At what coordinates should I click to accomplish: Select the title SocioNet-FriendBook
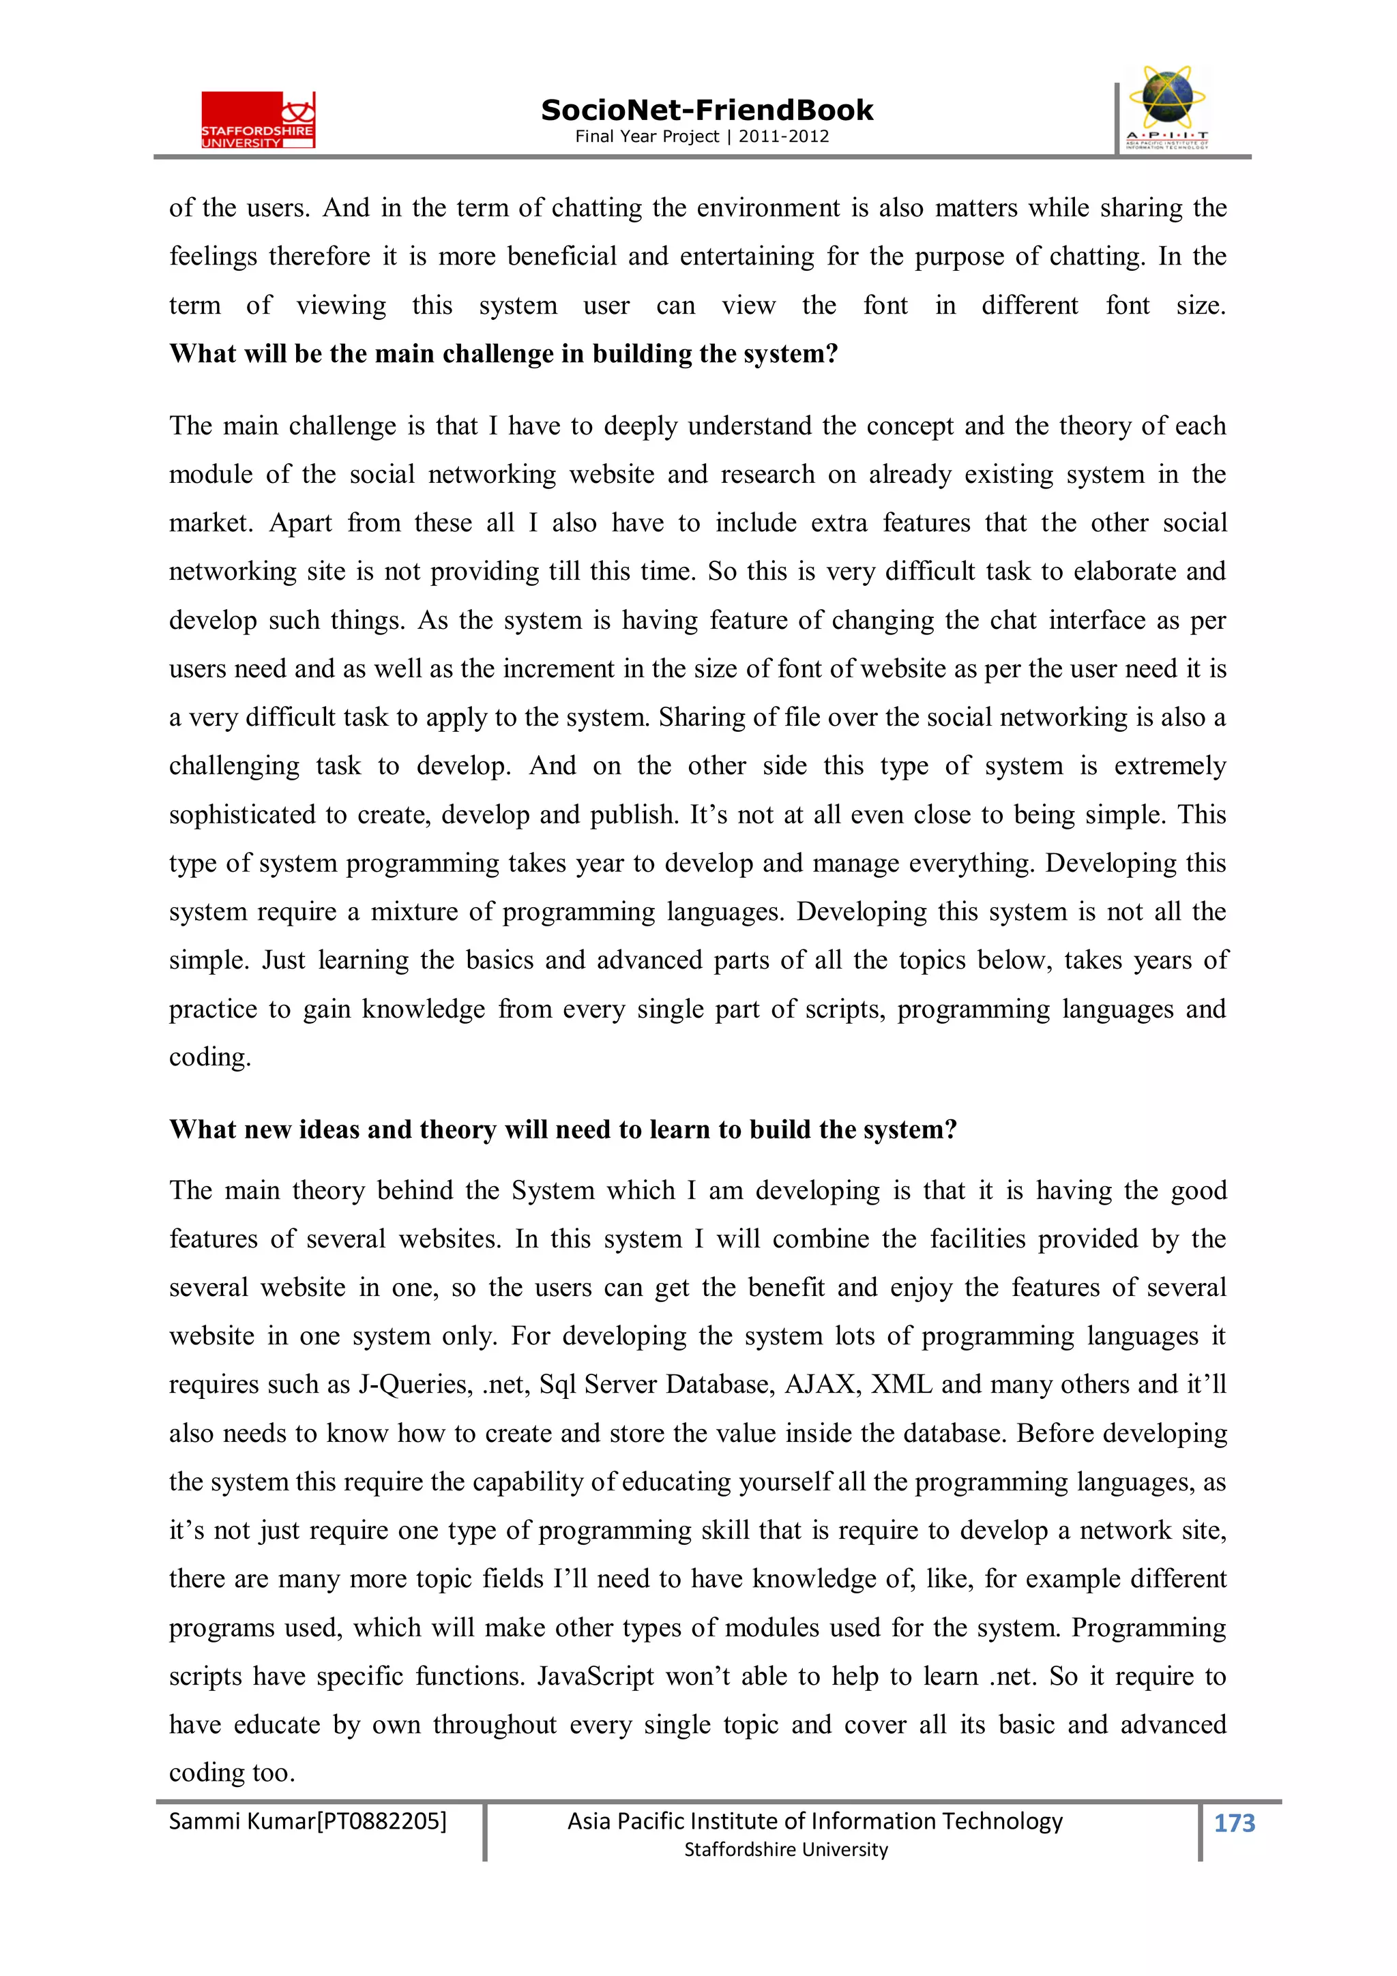tap(706, 110)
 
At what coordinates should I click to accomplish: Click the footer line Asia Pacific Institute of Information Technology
tap(814, 1820)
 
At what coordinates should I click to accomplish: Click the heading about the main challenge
tap(503, 354)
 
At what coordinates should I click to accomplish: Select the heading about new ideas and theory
tap(562, 1129)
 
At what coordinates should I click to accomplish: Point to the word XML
tap(901, 1384)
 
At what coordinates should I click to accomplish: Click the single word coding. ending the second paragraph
tap(209, 1057)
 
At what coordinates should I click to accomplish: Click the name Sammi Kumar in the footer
tap(242, 1820)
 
